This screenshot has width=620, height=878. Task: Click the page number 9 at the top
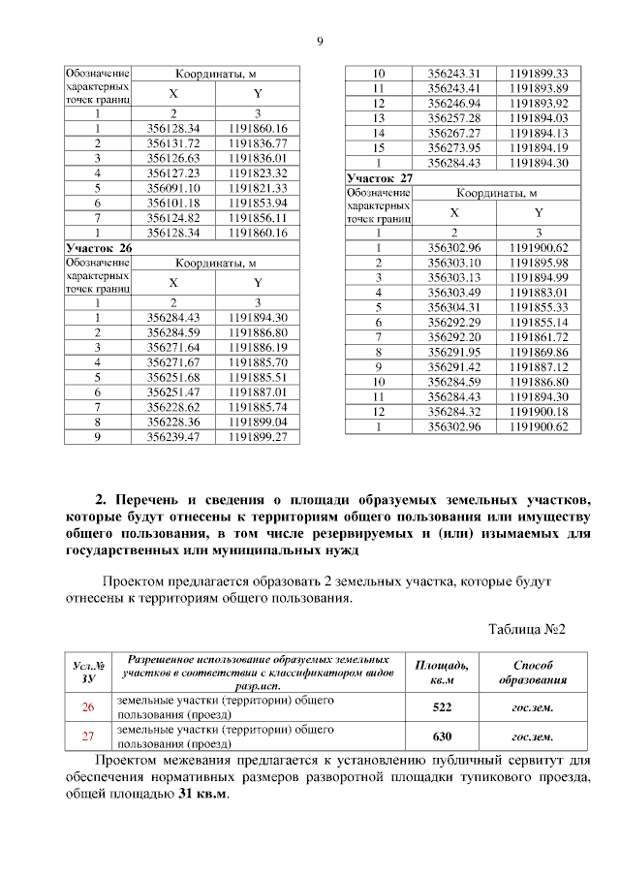[x=319, y=40]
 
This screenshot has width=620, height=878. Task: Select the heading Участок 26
[x=98, y=248]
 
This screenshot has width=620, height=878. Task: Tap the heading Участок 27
[x=380, y=178]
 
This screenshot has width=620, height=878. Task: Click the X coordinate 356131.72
[x=173, y=143]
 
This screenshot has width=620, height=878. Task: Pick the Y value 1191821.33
[x=258, y=188]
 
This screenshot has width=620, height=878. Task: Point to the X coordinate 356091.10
[x=173, y=188]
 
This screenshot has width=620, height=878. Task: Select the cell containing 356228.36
[x=173, y=423]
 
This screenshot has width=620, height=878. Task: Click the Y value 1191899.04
[x=258, y=423]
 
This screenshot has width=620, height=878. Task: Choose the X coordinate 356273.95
[x=454, y=147]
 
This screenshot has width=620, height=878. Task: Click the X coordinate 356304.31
[x=454, y=306]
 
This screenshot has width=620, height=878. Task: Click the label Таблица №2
[x=525, y=629]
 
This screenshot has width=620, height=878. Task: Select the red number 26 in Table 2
[x=88, y=707]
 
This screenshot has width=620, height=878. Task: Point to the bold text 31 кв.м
[x=203, y=794]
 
